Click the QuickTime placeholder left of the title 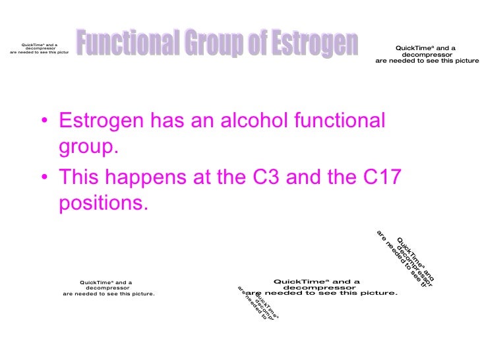tap(38, 47)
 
